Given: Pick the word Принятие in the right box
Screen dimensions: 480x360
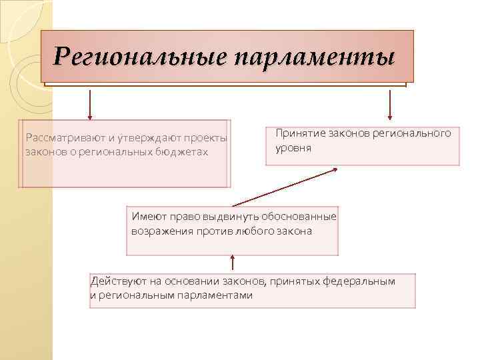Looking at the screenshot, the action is tap(297, 133).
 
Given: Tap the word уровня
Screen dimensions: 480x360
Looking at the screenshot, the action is tap(293, 147).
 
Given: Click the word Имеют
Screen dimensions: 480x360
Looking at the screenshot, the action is tap(147, 217).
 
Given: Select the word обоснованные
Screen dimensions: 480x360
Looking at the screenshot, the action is tap(298, 217).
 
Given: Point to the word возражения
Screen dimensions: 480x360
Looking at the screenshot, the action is tap(161, 231).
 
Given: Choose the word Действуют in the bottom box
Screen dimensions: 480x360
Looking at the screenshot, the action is tap(115, 281).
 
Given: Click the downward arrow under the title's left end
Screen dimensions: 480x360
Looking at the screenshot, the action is tap(89, 103).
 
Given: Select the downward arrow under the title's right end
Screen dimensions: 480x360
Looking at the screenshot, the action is tap(390, 103).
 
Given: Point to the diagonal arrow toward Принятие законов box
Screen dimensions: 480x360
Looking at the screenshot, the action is tap(285, 187).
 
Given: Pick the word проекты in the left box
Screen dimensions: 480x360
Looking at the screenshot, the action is tap(208, 138).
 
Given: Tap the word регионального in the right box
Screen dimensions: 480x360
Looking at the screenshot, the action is tap(411, 133).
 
